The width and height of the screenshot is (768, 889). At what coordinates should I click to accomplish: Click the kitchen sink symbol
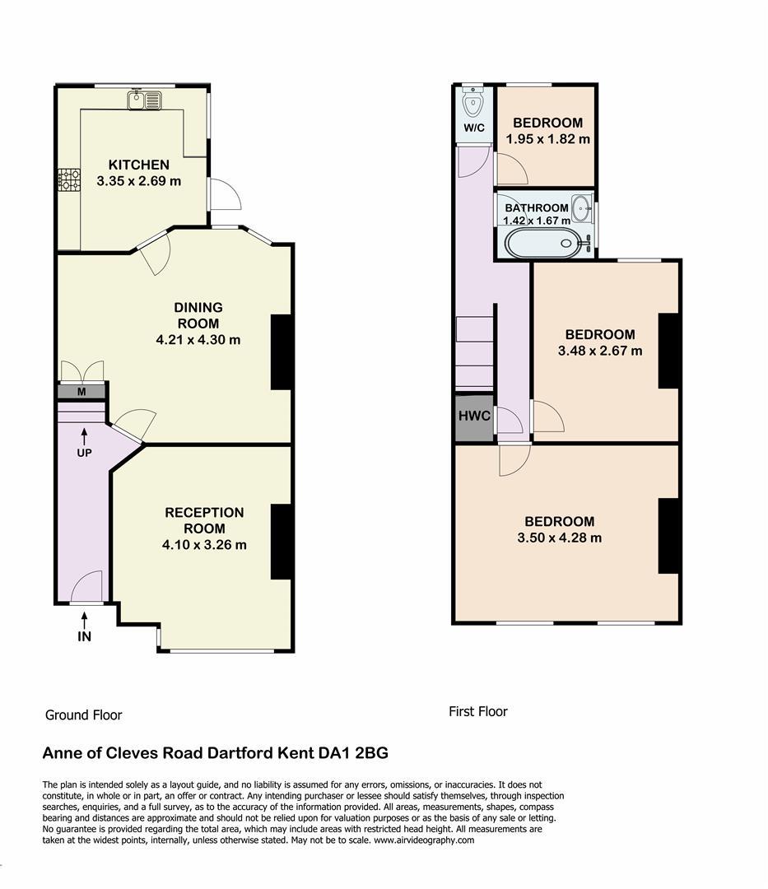pos(145,100)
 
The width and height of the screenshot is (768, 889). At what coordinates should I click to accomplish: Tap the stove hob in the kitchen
pos(69,179)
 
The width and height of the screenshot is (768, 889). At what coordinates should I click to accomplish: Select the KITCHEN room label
pos(139,165)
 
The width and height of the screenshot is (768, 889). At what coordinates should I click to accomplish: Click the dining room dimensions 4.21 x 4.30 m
pos(198,340)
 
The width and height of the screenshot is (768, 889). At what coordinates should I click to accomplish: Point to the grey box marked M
pos(81,392)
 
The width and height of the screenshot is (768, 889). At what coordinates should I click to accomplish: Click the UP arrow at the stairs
pos(85,436)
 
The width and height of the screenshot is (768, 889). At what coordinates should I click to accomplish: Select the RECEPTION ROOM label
pos(205,520)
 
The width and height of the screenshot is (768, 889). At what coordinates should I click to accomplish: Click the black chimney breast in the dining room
pos(282,351)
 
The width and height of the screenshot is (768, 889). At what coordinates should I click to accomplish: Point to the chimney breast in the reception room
pos(282,542)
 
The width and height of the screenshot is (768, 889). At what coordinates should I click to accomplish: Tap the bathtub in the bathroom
pos(544,243)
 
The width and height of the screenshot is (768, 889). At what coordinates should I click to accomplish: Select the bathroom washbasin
pos(582,208)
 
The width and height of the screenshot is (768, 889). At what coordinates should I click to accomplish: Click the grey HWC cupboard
pos(474,417)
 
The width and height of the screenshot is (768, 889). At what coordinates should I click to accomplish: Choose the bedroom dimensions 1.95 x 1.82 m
pos(548,139)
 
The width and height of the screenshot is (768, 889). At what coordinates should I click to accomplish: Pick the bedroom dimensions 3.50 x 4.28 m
pos(560,538)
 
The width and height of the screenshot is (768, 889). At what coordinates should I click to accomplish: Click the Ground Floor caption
pos(84,715)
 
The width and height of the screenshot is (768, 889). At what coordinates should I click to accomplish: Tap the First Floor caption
pos(478,711)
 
